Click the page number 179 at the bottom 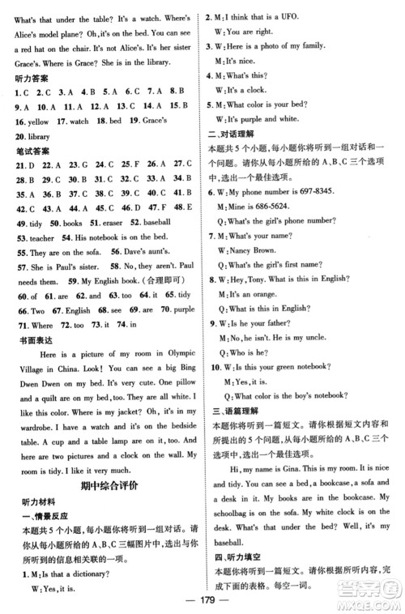(202, 603)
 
